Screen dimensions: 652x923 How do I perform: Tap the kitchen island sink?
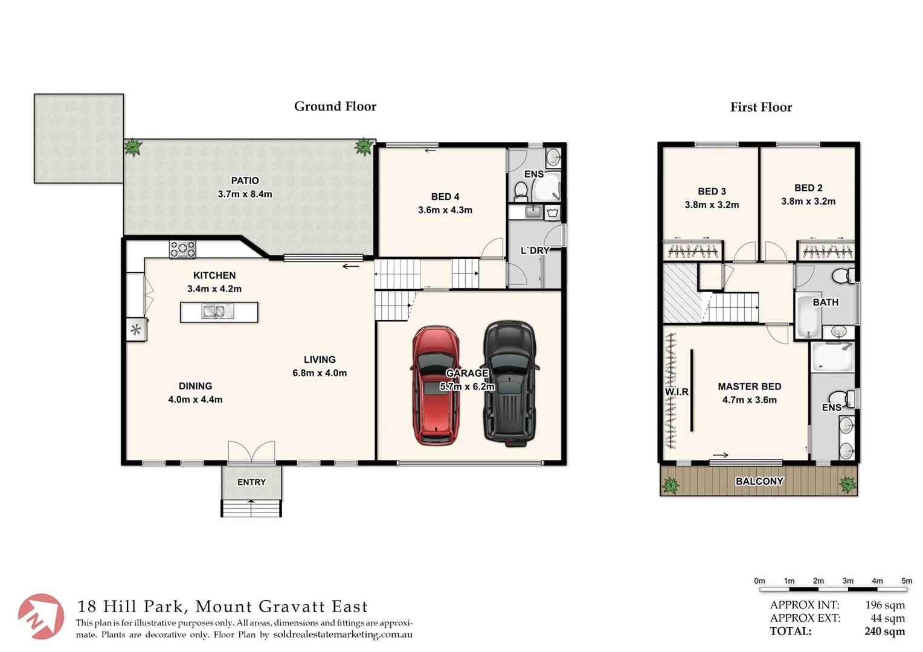coord(218,312)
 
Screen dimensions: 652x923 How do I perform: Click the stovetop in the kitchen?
coord(182,249)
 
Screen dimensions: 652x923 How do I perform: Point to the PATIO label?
coord(245,181)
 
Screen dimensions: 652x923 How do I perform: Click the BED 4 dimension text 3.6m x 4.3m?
coord(445,210)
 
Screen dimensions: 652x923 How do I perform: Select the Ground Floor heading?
coord(335,106)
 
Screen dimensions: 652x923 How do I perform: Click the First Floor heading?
coord(761,107)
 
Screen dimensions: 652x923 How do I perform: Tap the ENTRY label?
coord(251,482)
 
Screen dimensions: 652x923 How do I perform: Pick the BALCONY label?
coord(759,481)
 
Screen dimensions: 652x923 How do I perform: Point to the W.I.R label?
coord(677,392)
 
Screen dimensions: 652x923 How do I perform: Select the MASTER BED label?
coord(749,386)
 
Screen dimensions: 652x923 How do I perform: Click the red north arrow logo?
coord(40,616)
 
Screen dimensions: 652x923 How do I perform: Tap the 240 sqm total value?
coord(884,631)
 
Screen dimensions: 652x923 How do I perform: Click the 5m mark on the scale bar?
coord(906,581)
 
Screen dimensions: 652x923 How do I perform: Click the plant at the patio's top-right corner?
coord(364,146)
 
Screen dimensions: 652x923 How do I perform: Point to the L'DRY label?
coord(535,251)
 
